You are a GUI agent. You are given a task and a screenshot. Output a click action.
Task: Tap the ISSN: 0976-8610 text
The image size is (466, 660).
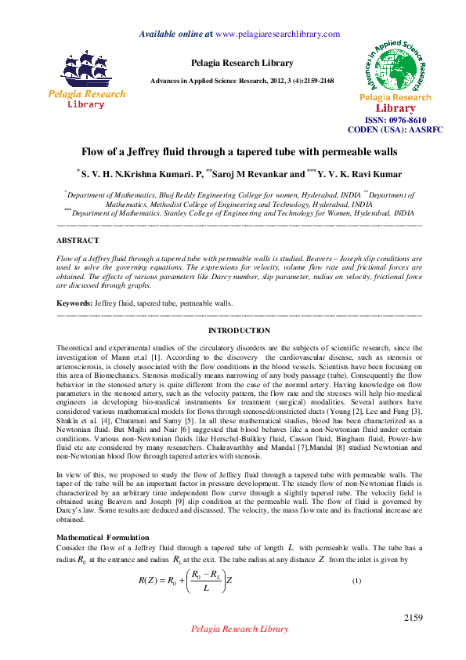pyautogui.click(x=399, y=120)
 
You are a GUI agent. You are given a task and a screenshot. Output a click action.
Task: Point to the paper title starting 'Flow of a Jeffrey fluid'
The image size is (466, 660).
pyautogui.click(x=240, y=150)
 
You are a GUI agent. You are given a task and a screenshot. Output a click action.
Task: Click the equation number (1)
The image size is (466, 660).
pyautogui.click(x=356, y=580)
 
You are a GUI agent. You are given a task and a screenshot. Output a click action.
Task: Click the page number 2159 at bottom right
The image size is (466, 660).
pyautogui.click(x=414, y=618)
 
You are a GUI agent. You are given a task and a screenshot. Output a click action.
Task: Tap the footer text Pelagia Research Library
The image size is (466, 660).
pyautogui.click(x=240, y=629)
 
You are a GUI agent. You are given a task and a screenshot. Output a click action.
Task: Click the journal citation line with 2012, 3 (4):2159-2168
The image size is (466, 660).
pyautogui.click(x=242, y=82)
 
